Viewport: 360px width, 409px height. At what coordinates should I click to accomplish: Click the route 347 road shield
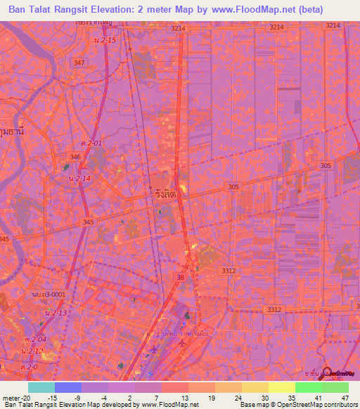[x=79, y=63]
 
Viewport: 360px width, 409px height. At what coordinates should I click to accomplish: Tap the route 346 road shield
[x=75, y=156]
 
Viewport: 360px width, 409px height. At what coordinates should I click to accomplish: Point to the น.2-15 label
[x=103, y=40]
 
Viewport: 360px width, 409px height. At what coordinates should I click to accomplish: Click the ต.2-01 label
[x=91, y=143]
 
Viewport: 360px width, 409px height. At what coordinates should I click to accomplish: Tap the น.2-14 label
[x=80, y=178]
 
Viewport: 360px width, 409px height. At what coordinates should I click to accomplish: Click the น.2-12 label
[x=32, y=350]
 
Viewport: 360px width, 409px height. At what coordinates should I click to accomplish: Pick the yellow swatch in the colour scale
[x=281, y=387]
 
